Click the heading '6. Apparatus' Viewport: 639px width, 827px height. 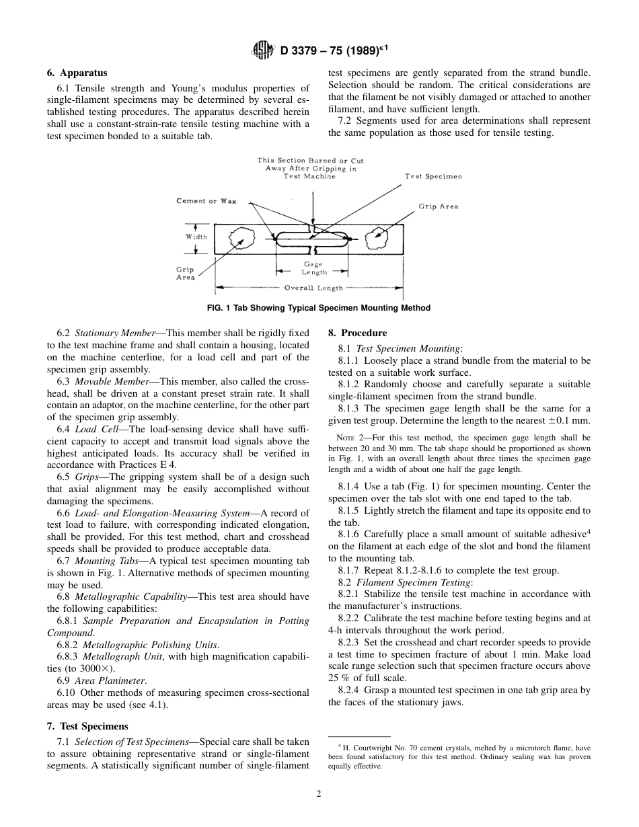(x=77, y=73)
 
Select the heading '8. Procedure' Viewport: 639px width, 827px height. (x=357, y=333)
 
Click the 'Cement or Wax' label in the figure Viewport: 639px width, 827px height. (x=206, y=201)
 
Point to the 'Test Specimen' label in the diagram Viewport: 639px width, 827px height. (x=433, y=176)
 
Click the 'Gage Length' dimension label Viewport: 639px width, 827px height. (x=313, y=269)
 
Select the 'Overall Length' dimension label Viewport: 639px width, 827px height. (x=313, y=288)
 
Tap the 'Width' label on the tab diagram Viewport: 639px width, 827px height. (x=196, y=237)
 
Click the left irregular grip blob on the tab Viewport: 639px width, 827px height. (x=239, y=237)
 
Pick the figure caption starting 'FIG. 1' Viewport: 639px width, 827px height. (x=319, y=308)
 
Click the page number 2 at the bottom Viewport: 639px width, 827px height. (x=319, y=794)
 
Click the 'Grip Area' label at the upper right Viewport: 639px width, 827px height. (x=438, y=206)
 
